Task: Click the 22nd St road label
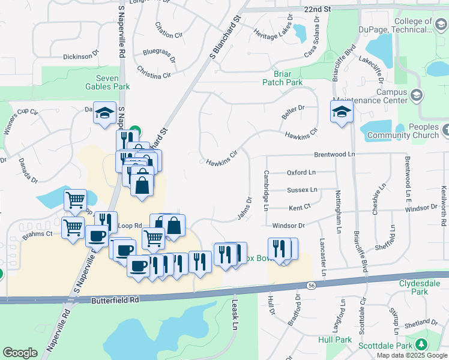click(318, 10)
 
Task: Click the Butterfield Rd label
click(116, 299)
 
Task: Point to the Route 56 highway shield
click(310, 285)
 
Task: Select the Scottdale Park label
click(385, 346)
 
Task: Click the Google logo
click(20, 353)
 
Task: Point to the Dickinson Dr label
click(80, 56)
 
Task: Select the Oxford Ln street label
click(301, 172)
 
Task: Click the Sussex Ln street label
click(302, 190)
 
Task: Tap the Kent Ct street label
click(300, 208)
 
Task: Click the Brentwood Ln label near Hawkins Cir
click(335, 154)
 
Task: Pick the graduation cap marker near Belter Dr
click(342, 112)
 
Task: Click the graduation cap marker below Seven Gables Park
click(104, 112)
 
